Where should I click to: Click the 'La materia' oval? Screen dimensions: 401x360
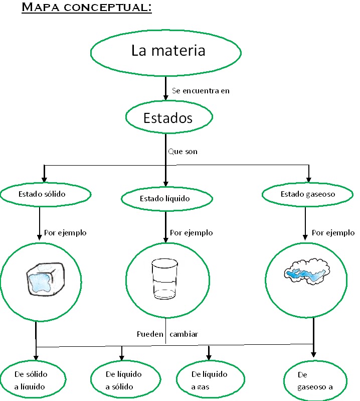click(x=168, y=51)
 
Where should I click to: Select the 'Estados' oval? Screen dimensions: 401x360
click(x=167, y=118)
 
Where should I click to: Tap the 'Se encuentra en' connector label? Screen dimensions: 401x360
click(x=201, y=91)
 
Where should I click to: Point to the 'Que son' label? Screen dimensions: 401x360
click(x=183, y=151)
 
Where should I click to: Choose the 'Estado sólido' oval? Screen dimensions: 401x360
click(x=46, y=194)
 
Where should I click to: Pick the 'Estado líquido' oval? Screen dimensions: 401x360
click(x=164, y=199)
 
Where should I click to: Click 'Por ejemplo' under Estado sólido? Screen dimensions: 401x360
click(x=65, y=233)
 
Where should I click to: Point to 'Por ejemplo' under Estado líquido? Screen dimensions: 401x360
click(x=191, y=233)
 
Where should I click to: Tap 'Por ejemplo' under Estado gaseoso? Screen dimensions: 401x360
click(x=333, y=233)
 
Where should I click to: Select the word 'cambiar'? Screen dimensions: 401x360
click(x=184, y=334)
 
